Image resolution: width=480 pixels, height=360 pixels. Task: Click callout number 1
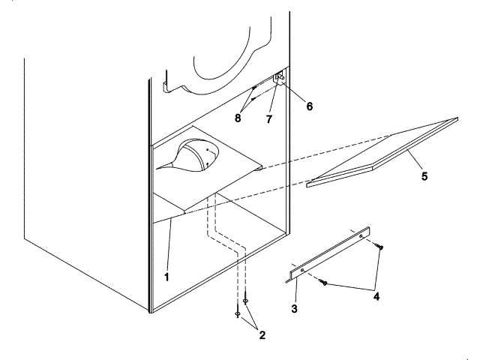(166, 275)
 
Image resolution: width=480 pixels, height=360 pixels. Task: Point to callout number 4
(376, 297)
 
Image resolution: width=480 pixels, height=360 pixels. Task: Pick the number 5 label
(424, 177)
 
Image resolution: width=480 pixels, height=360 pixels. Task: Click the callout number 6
(308, 106)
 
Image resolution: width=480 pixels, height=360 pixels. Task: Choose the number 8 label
(238, 118)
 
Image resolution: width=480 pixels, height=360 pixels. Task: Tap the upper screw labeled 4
(382, 246)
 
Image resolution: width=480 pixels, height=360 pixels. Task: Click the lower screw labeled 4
(323, 282)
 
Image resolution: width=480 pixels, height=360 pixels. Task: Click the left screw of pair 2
(238, 314)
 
